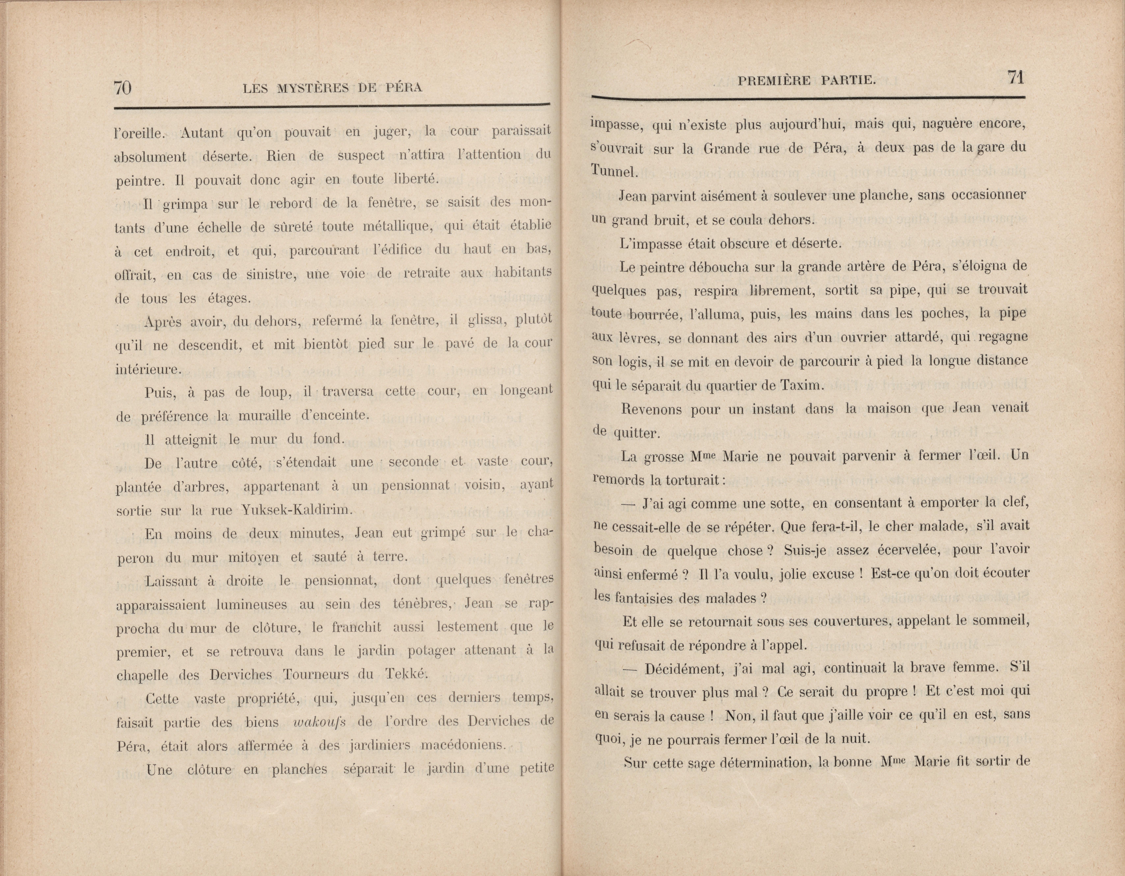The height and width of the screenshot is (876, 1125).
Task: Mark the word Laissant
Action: click(x=172, y=581)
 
